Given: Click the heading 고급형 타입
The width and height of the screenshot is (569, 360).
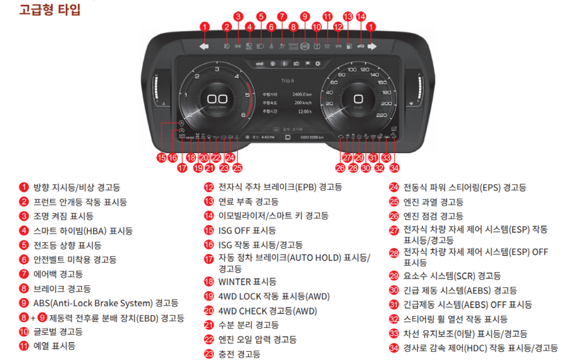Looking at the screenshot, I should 41,9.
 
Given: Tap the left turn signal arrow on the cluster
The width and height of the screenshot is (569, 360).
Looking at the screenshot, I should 204,46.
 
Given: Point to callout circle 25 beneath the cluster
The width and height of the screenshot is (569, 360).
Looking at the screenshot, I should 237,168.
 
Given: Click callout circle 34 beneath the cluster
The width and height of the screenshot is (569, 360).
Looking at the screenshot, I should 395,168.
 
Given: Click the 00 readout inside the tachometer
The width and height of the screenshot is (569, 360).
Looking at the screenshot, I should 217,99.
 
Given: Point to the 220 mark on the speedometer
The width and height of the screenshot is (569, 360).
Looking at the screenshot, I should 381,115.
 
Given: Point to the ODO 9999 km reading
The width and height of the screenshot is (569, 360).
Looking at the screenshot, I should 312,137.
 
